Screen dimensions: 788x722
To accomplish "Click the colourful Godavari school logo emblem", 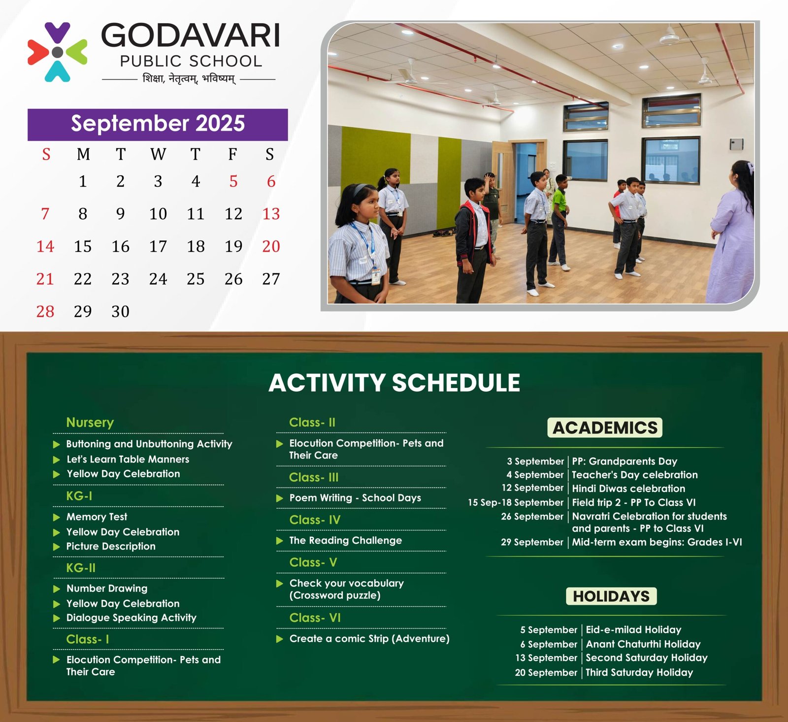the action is point(58,52).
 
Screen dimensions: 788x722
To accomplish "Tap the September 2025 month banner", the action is point(158,124).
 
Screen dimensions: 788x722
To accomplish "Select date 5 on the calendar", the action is point(233,181).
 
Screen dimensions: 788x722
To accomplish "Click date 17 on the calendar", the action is point(158,246).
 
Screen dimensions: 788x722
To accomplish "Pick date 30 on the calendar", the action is point(120,311).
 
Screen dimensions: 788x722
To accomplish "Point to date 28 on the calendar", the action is point(45,311).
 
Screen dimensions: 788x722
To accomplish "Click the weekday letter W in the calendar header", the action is point(158,154).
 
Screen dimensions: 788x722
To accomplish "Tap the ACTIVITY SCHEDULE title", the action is point(394,383).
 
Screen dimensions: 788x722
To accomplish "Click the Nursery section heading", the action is point(90,423).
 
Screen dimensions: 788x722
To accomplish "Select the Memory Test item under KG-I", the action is point(97,517).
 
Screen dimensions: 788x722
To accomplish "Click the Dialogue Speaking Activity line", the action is point(131,618).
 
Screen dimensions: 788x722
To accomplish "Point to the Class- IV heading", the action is point(315,520).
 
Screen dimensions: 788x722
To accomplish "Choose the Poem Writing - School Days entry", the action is point(355,498).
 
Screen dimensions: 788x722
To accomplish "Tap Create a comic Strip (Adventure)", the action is point(369,639).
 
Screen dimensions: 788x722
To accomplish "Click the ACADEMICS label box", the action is point(605,427).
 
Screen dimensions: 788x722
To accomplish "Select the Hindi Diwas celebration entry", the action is point(628,489).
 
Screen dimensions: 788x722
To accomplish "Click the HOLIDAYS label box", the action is point(611,596).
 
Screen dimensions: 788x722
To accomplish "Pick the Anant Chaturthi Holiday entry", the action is point(643,644).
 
